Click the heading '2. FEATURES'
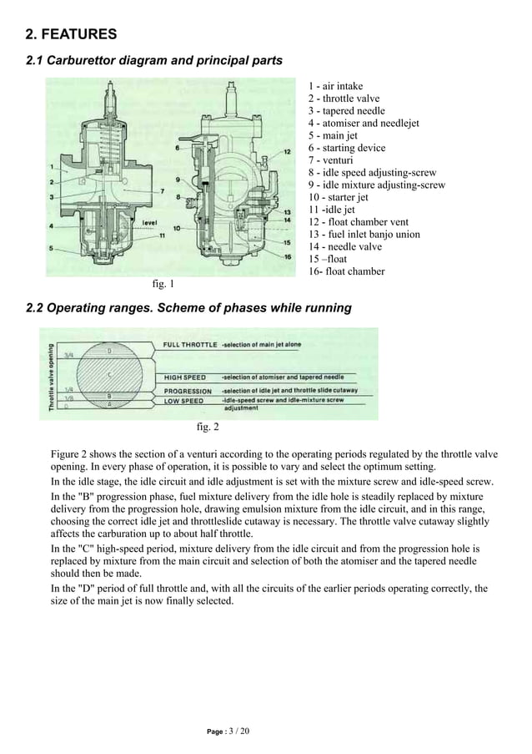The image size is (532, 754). pos(71,34)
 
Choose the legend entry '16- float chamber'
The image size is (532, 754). pos(346,271)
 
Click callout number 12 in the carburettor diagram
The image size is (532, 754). pos(287,152)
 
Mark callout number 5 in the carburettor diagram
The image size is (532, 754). pos(52,248)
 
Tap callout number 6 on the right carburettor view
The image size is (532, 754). pos(178,148)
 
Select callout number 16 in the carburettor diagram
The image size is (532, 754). pos(287,256)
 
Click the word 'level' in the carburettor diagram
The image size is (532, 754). pos(150,223)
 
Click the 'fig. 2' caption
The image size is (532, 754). pos(208,428)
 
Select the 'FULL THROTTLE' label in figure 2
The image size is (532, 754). pos(190,344)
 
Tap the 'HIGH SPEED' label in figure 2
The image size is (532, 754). pos(185,377)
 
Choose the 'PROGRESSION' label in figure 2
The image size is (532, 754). pos(188,390)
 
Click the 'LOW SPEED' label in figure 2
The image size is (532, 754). pos(183,401)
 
